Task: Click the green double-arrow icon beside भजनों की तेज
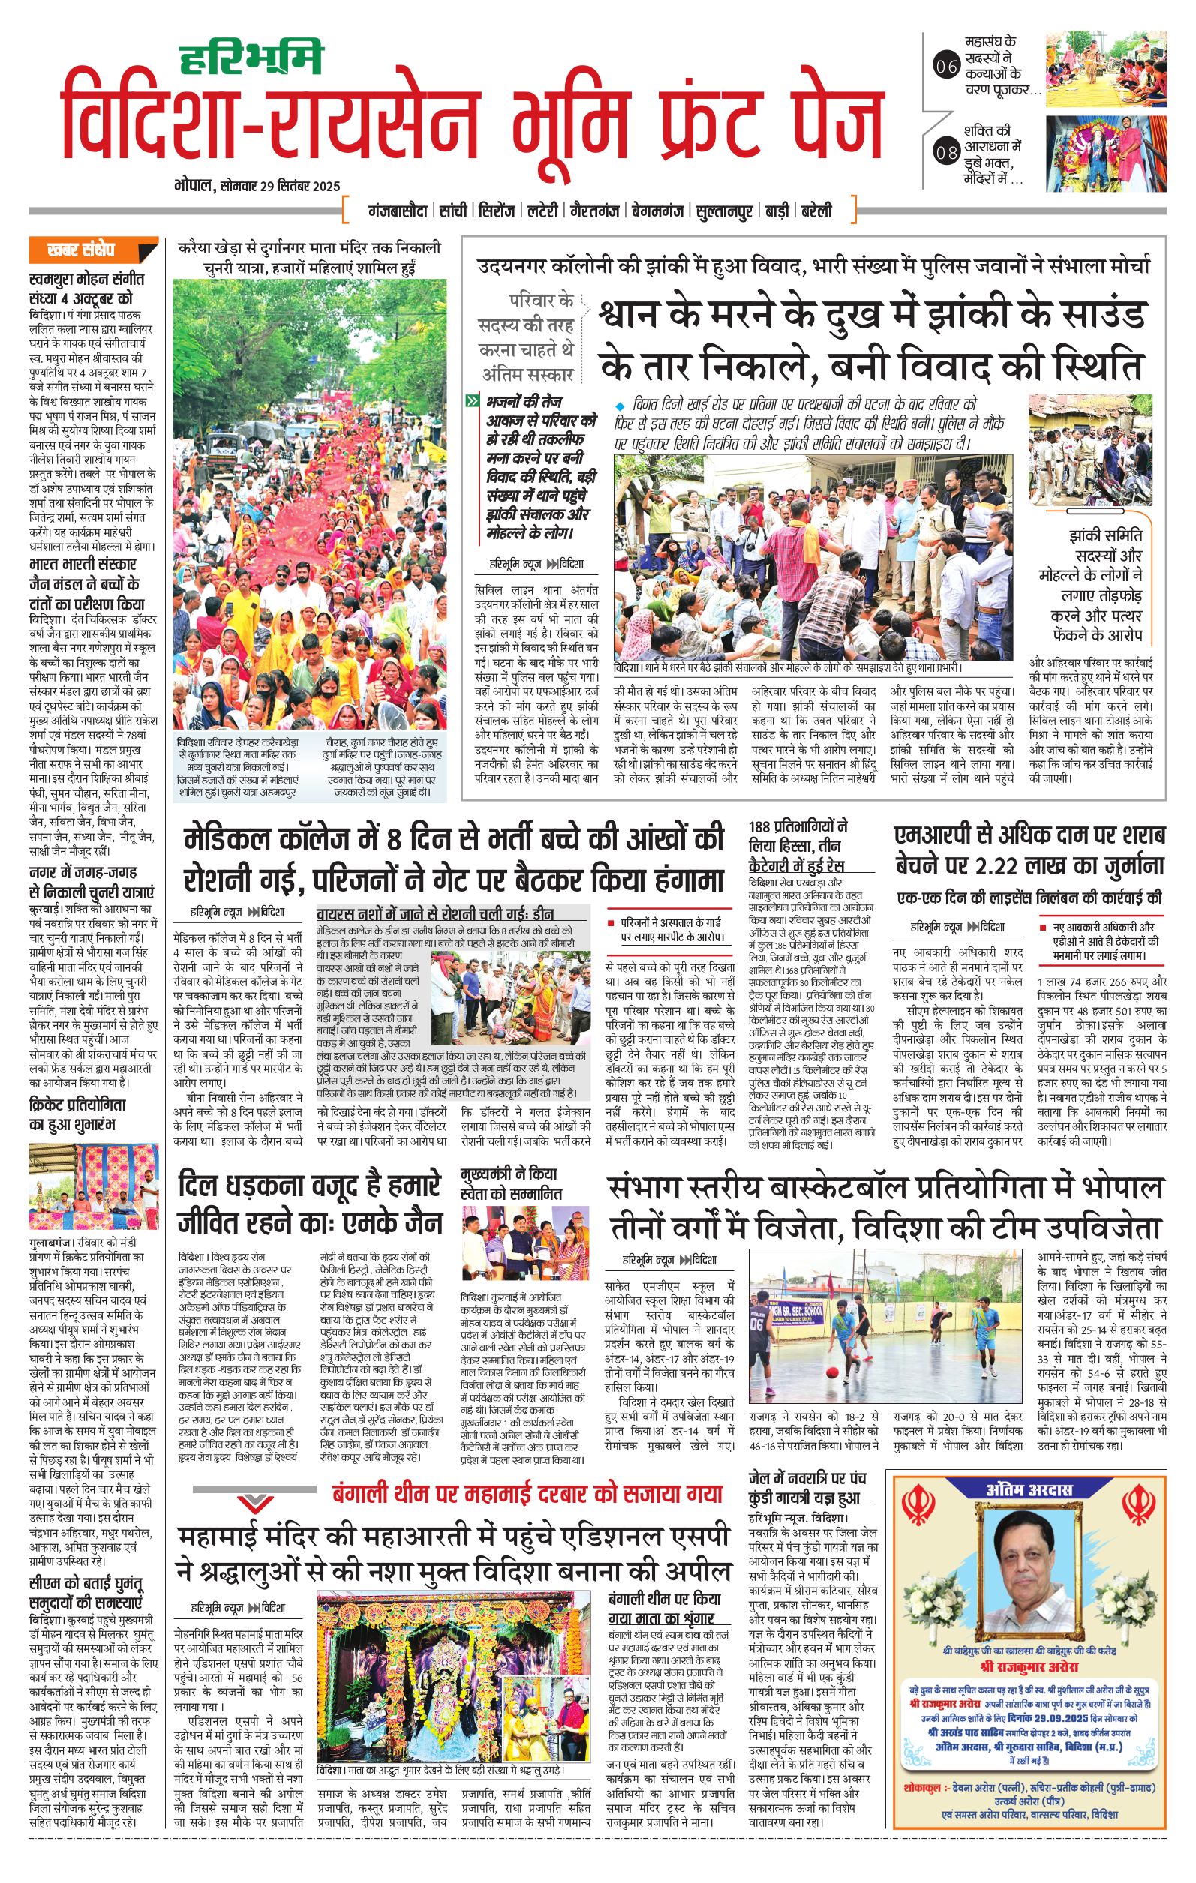472,401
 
